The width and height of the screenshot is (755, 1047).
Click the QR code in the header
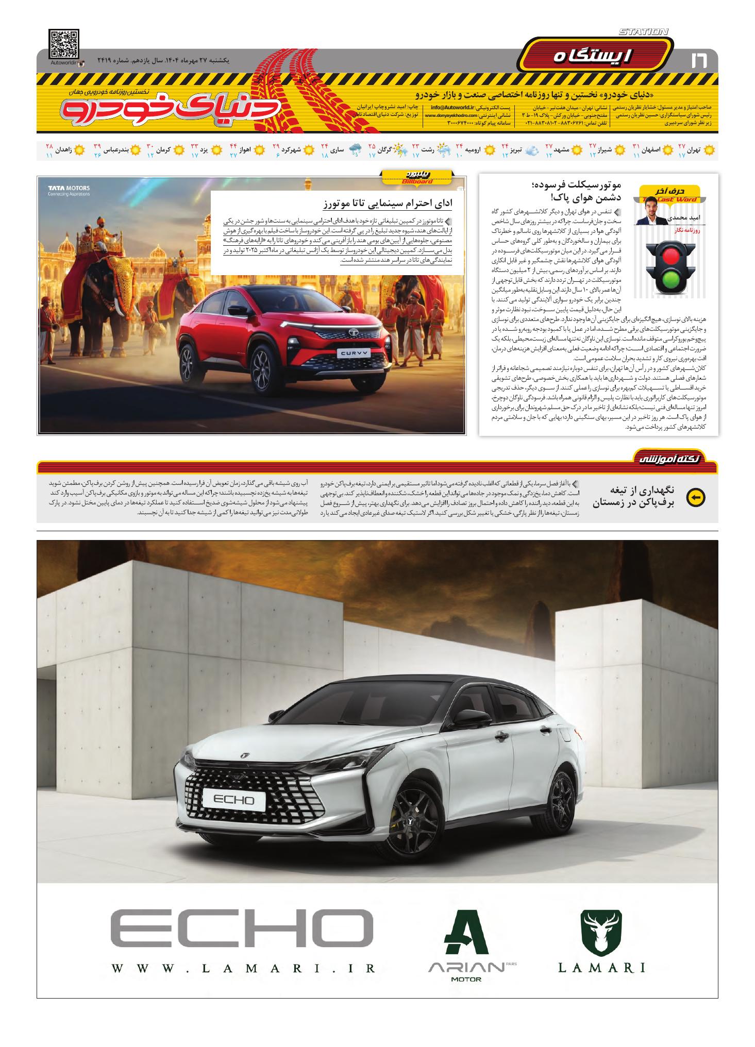click(x=64, y=44)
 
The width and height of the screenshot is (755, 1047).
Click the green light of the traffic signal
click(x=669, y=280)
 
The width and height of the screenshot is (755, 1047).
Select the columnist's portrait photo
click(x=651, y=211)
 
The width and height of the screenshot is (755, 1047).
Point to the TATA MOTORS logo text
click(x=69, y=188)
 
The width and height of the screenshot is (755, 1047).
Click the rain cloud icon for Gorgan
click(x=355, y=150)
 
